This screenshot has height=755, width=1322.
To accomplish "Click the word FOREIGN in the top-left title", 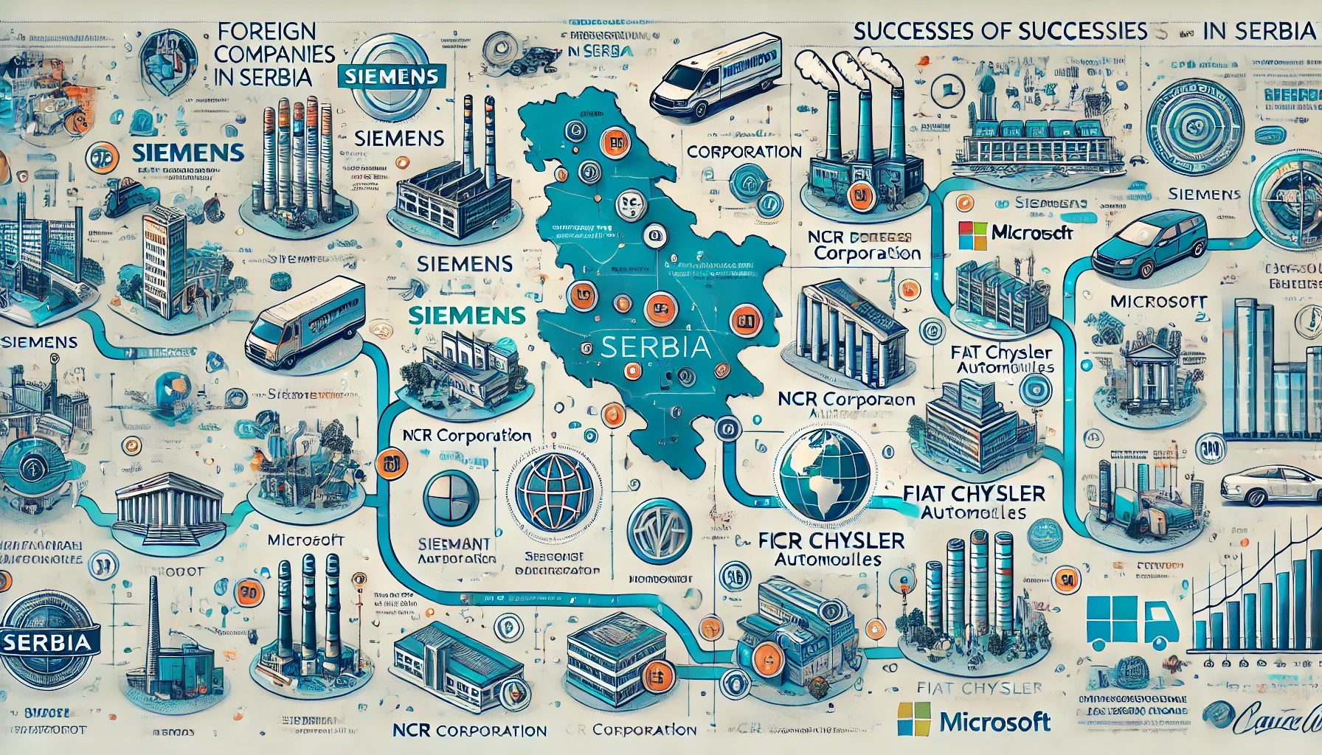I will (267, 31).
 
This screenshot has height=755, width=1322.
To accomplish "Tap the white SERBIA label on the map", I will (656, 347).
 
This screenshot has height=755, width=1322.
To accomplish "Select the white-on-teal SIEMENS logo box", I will (391, 76).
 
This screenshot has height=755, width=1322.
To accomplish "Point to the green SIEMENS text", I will (466, 316).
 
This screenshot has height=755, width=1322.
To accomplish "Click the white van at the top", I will (715, 77).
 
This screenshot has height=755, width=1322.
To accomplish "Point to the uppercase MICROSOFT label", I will (1158, 302).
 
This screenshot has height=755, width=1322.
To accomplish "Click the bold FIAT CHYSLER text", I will (974, 494).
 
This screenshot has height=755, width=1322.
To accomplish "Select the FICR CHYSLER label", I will (831, 541).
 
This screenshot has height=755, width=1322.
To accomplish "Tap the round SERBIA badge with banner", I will (46, 641).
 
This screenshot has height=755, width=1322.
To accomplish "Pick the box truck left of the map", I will (305, 321).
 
